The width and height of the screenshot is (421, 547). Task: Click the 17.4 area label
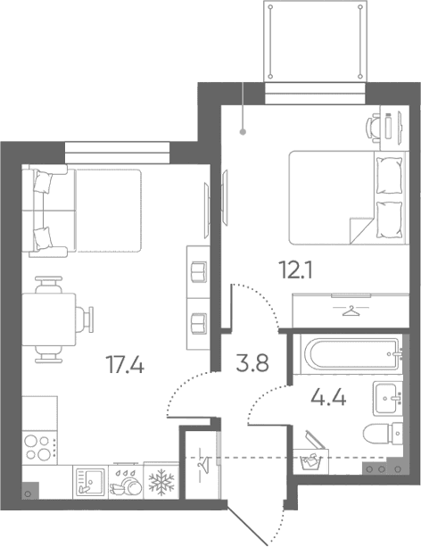pos(125,365)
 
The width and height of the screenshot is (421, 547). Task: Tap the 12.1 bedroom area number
pos(296,270)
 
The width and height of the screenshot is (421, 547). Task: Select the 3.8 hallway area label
pos(252,363)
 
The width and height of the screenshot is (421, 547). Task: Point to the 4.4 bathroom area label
pos(328,397)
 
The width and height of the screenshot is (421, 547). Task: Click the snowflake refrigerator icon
pos(161,482)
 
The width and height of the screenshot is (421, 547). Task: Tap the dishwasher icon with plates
pos(126,482)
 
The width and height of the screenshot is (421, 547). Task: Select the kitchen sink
pos(90,483)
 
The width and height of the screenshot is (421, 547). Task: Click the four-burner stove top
pos(40,448)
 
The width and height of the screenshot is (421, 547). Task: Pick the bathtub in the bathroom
pos(351,354)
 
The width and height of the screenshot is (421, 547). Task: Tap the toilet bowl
pos(383,434)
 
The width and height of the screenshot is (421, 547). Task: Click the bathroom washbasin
pos(388,398)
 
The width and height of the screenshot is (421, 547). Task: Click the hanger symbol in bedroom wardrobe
pos(351,311)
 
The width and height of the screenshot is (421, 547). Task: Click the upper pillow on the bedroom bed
pos(389,174)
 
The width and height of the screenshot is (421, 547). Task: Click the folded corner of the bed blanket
pos(361,229)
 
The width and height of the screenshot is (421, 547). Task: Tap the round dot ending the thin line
pos(244,132)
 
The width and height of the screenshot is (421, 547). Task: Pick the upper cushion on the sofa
pos(43,182)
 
